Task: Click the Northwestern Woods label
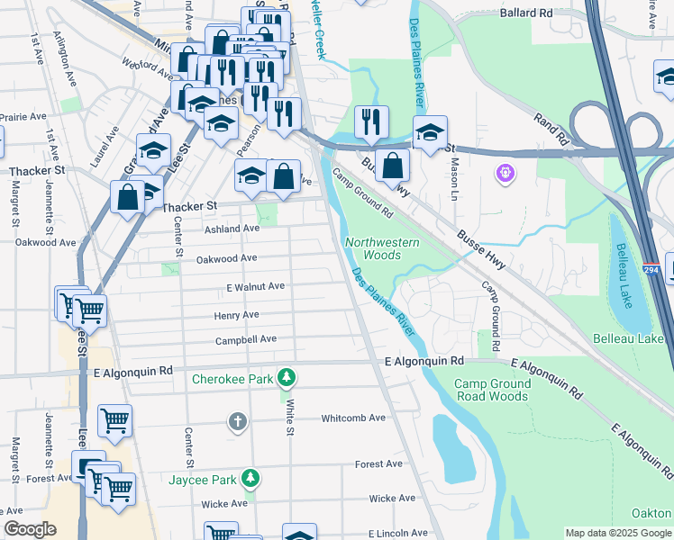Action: (382, 249)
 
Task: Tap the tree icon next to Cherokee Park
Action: (287, 376)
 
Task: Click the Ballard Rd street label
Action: (527, 13)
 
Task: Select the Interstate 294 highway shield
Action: (651, 269)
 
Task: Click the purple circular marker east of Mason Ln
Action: (504, 171)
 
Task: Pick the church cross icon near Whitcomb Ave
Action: (238, 421)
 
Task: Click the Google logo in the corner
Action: (30, 529)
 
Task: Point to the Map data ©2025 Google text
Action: (617, 533)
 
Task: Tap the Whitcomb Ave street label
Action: (353, 418)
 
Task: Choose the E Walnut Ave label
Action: (255, 286)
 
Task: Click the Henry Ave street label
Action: (236, 315)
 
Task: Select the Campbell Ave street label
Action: (245, 340)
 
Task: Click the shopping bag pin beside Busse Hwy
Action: (393, 166)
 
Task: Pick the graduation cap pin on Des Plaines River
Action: (431, 131)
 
